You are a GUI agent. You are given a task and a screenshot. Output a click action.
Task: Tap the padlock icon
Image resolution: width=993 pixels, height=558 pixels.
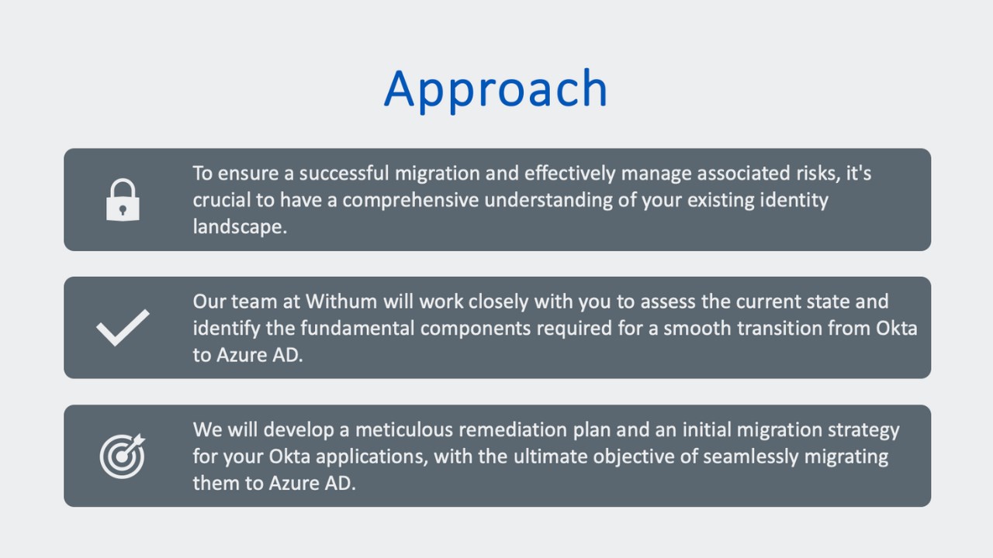click(123, 200)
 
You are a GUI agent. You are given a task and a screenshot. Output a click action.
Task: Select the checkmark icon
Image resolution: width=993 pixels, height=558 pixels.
click(123, 327)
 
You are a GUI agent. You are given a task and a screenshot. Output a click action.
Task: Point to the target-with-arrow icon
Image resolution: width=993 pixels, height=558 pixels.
click(123, 456)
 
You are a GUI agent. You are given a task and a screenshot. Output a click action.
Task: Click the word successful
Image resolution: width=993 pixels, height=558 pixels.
click(344, 173)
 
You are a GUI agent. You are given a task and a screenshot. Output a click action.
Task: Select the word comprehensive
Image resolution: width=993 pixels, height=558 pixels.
click(410, 200)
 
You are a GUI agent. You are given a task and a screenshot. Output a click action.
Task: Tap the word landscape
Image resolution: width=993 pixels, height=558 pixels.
click(240, 227)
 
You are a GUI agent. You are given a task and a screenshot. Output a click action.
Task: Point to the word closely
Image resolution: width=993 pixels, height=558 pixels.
click(499, 301)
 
